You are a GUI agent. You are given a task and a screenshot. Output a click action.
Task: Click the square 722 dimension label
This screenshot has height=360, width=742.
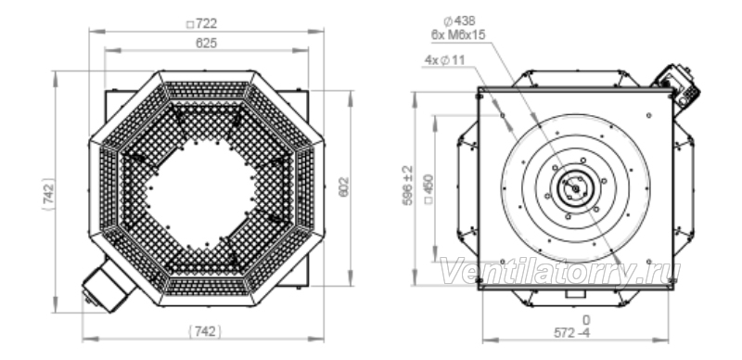(202, 23)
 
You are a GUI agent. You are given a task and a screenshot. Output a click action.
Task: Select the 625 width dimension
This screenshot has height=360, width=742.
(206, 43)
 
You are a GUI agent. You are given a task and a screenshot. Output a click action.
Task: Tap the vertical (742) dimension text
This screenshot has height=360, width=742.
(49, 194)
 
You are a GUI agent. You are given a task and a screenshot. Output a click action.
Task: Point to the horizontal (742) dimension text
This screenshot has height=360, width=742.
(205, 331)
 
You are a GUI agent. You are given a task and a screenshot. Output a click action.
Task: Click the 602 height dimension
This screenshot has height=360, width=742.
(343, 187)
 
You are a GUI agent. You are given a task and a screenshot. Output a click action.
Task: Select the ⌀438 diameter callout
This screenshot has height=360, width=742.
(459, 20)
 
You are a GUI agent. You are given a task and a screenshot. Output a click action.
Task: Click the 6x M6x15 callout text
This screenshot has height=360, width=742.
(458, 34)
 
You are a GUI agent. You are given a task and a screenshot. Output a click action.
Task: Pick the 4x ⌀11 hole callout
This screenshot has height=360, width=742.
(445, 60)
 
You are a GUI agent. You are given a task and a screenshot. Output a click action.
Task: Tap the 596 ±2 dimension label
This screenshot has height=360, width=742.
(407, 186)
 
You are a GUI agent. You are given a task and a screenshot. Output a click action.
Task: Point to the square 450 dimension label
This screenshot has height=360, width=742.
(429, 189)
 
